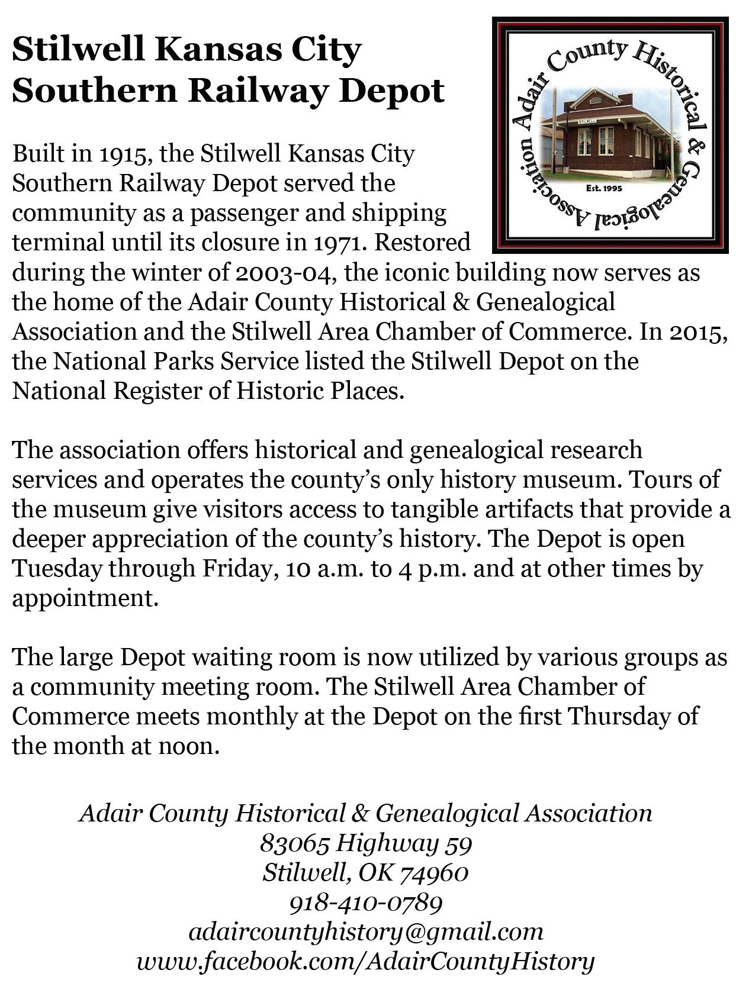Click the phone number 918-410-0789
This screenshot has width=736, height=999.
[x=366, y=903]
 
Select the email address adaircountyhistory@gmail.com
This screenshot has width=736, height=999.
[x=366, y=932]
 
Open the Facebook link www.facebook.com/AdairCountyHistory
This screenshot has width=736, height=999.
[x=366, y=961]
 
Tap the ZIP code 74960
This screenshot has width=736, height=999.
[x=434, y=873]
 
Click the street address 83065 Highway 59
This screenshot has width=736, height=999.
[x=366, y=843]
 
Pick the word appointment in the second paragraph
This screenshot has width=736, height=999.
[x=85, y=598]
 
